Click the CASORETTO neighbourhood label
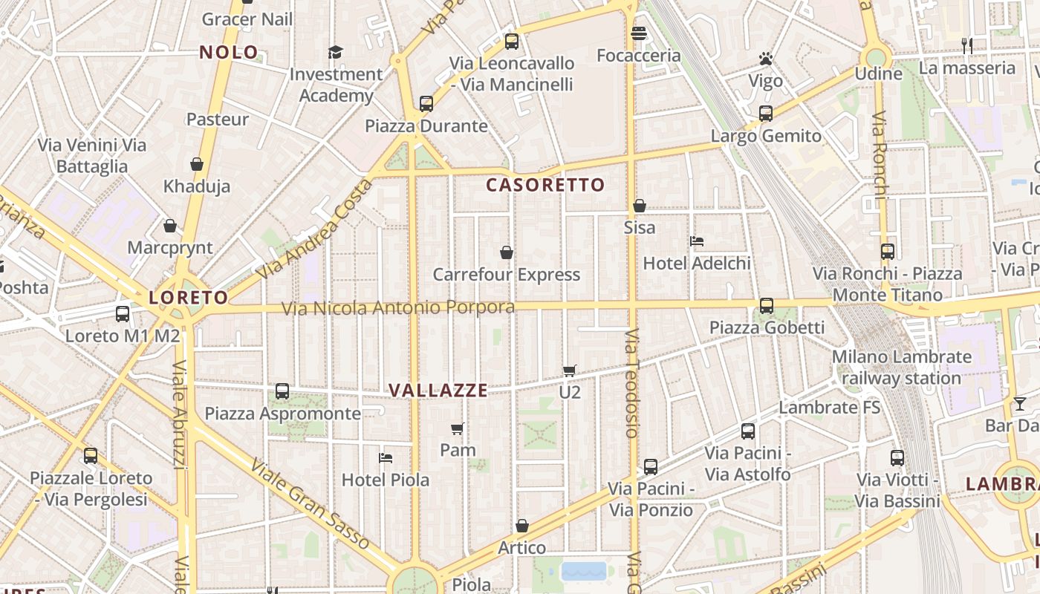click(x=545, y=185)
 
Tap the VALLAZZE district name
click(x=438, y=390)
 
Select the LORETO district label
click(x=189, y=298)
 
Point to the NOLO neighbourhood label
click(x=229, y=52)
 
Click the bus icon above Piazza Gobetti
click(x=766, y=305)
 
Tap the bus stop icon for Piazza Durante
click(x=426, y=103)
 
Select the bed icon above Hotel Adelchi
click(x=697, y=241)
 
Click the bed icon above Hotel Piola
click(x=385, y=457)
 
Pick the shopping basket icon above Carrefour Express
click(x=507, y=252)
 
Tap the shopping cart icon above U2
click(x=570, y=370)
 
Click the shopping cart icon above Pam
click(x=458, y=428)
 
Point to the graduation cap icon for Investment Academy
click(x=336, y=52)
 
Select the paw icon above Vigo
click(x=766, y=58)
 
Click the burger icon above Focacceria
click(x=638, y=33)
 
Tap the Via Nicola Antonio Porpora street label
click(x=397, y=307)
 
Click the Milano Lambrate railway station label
click(x=901, y=367)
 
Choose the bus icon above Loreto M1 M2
click(x=123, y=313)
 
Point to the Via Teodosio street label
click(x=631, y=382)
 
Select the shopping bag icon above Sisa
click(x=639, y=206)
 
